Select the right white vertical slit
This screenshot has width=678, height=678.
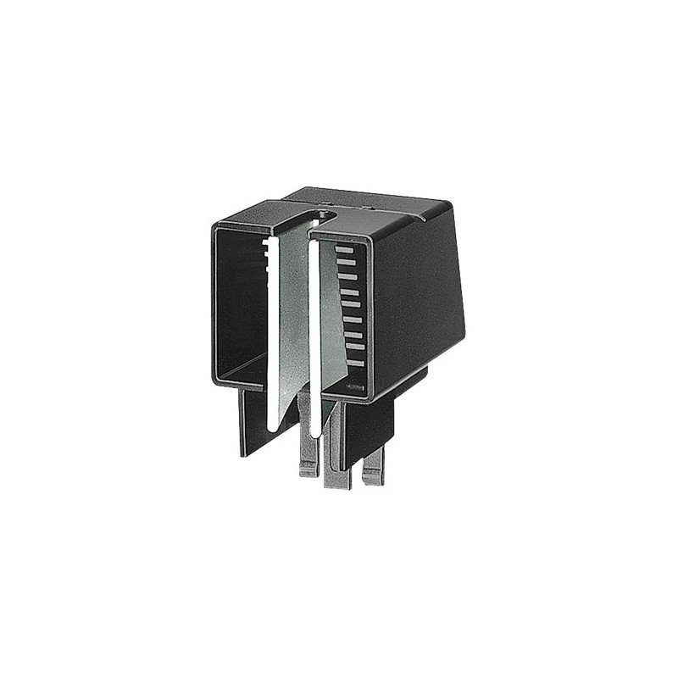pyautogui.click(x=314, y=339)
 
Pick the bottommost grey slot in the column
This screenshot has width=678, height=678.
pyautogui.click(x=353, y=368)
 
